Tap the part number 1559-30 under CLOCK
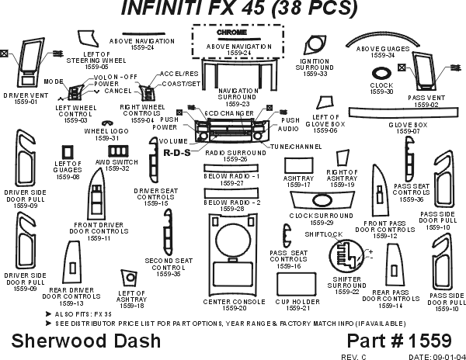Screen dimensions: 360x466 coord(381,92)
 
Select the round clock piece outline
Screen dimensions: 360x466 coord(381,74)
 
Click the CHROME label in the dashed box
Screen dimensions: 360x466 coord(232,33)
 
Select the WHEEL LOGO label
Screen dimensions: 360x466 coord(101,131)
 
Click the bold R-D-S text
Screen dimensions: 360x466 coord(177,152)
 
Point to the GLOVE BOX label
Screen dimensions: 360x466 coord(408,124)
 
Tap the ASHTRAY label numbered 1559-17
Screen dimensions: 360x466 coord(299,178)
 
